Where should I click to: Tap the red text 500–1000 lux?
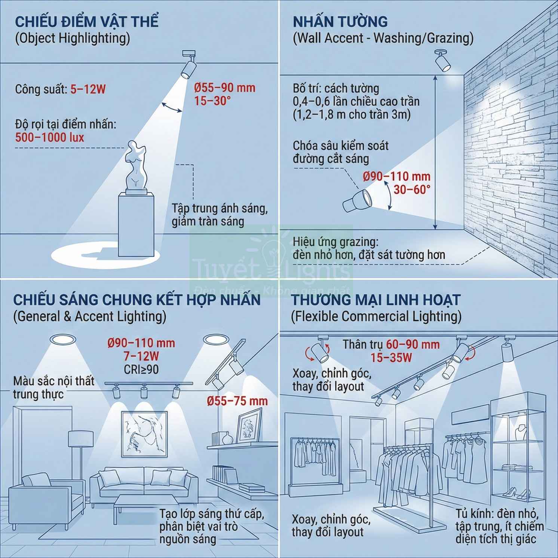coord(50,137)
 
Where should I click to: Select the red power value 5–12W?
coord(88,89)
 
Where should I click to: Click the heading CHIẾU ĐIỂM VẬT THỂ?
coord(87,21)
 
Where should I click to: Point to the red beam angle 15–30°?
coord(212,101)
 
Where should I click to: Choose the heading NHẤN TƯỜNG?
coord(340,21)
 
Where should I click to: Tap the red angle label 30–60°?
coord(412,190)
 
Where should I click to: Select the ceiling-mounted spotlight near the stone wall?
coord(443,61)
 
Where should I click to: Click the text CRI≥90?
coord(141,370)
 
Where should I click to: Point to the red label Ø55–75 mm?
coord(237,401)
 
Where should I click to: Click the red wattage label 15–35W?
coord(391,358)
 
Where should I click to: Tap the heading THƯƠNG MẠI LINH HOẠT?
coord(376,300)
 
